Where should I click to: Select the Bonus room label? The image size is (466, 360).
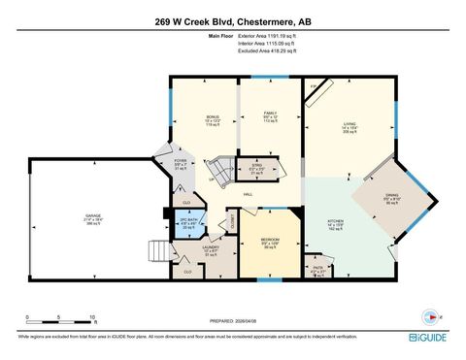[213, 121]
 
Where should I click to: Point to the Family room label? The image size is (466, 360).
[272, 118]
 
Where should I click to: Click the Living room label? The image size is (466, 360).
[349, 126]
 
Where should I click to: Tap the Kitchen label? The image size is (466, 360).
[334, 223]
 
